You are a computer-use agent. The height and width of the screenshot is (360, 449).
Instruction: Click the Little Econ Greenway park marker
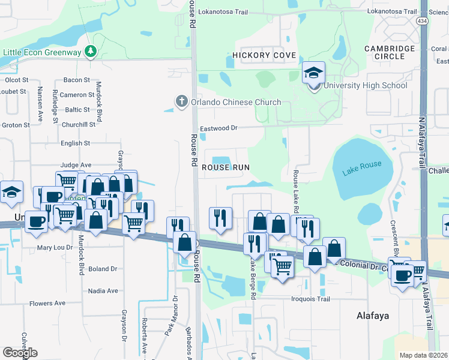tap(91, 52)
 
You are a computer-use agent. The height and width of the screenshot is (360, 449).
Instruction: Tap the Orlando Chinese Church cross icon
tap(182, 101)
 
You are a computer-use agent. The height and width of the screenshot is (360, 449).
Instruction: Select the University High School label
tap(365, 85)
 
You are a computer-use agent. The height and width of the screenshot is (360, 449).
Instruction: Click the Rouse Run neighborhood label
tap(226, 167)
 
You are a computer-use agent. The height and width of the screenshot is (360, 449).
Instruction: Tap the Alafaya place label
tap(373, 315)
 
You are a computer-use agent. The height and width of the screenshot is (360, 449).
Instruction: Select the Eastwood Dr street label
tap(219, 128)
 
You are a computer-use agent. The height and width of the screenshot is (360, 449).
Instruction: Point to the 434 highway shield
tap(423, 20)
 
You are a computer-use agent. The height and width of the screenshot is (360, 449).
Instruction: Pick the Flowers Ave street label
tap(47, 303)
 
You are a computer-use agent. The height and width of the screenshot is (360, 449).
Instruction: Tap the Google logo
tap(20, 352)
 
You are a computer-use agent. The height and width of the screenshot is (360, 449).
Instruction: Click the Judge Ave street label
tap(76, 164)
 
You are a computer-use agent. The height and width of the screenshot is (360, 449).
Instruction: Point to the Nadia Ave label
tap(103, 290)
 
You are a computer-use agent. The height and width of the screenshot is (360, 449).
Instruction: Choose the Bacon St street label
tap(76, 80)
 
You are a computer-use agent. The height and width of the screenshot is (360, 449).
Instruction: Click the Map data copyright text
tap(423, 355)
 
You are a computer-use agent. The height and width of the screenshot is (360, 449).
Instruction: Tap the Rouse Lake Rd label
tap(295, 191)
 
